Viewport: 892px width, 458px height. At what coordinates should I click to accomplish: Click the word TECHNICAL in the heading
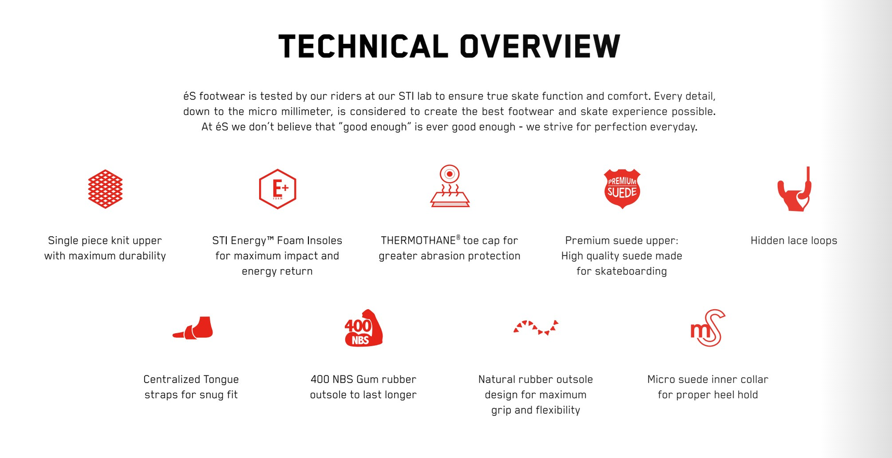coord(363,46)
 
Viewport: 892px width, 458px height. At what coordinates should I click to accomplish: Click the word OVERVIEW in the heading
coord(540,46)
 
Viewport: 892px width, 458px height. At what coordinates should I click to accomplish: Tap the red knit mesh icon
coord(105,189)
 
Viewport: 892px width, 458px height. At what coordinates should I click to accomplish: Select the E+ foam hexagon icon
coord(278,189)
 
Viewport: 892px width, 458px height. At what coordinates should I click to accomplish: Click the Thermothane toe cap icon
coord(450,186)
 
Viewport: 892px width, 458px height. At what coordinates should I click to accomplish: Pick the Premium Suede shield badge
coord(622,188)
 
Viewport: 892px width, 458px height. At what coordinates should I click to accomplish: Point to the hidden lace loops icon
coord(794,189)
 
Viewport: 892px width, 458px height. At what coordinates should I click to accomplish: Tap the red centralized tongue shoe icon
coord(193,328)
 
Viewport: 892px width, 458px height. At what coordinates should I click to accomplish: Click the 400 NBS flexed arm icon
coord(364,328)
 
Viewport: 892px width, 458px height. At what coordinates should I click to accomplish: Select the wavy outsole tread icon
coord(536,327)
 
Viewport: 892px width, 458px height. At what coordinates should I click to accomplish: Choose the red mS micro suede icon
coord(708,328)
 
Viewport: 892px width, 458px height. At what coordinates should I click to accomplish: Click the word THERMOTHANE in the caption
coord(418,240)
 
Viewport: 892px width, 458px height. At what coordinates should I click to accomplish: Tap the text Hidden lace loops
coord(794,240)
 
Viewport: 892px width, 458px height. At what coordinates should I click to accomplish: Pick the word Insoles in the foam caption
coord(325,240)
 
